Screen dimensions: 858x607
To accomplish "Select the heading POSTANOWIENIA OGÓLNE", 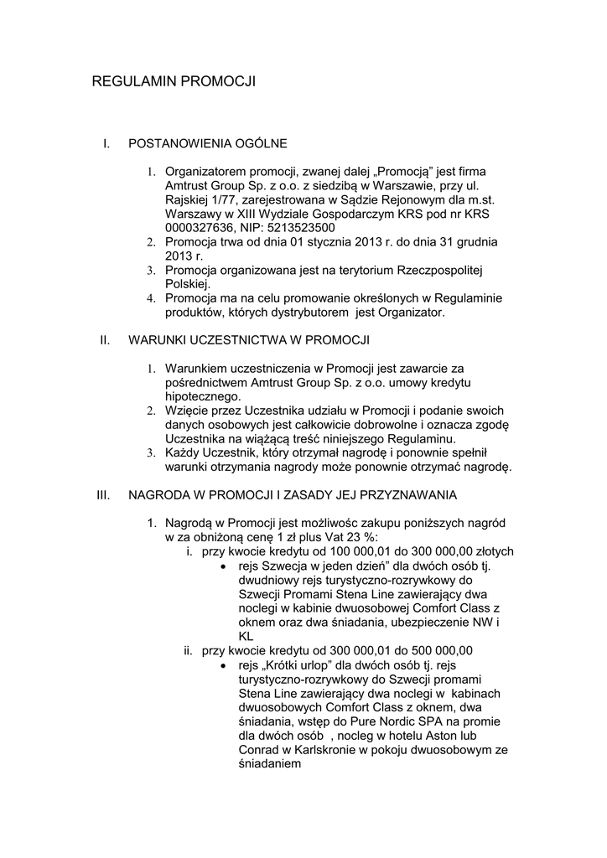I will coord(208,144).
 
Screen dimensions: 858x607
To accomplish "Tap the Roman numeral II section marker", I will coord(105,340).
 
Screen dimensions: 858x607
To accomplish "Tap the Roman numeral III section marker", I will coord(104,494).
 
